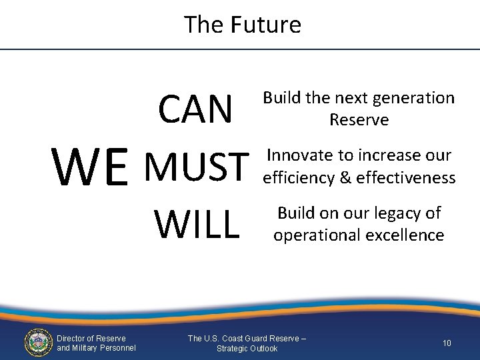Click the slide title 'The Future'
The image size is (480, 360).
(x=243, y=25)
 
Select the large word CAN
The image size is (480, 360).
(x=195, y=109)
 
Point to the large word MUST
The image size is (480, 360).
(x=196, y=167)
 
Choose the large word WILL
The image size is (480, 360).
(x=197, y=224)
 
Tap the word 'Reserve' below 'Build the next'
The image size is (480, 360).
(x=359, y=120)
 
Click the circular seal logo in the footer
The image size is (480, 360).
(x=38, y=343)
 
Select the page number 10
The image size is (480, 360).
(x=447, y=343)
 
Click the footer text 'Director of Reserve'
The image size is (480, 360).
(x=91, y=339)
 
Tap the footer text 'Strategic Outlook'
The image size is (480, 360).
(x=247, y=349)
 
